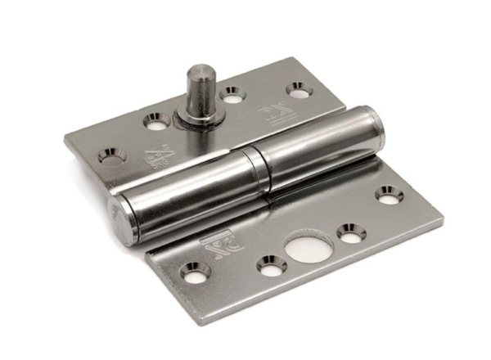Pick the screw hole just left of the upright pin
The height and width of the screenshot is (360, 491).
[154, 121]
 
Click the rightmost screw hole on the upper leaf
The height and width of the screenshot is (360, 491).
[296, 86]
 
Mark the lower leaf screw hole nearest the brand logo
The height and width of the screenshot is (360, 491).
[196, 272]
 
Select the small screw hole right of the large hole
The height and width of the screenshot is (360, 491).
[351, 232]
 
